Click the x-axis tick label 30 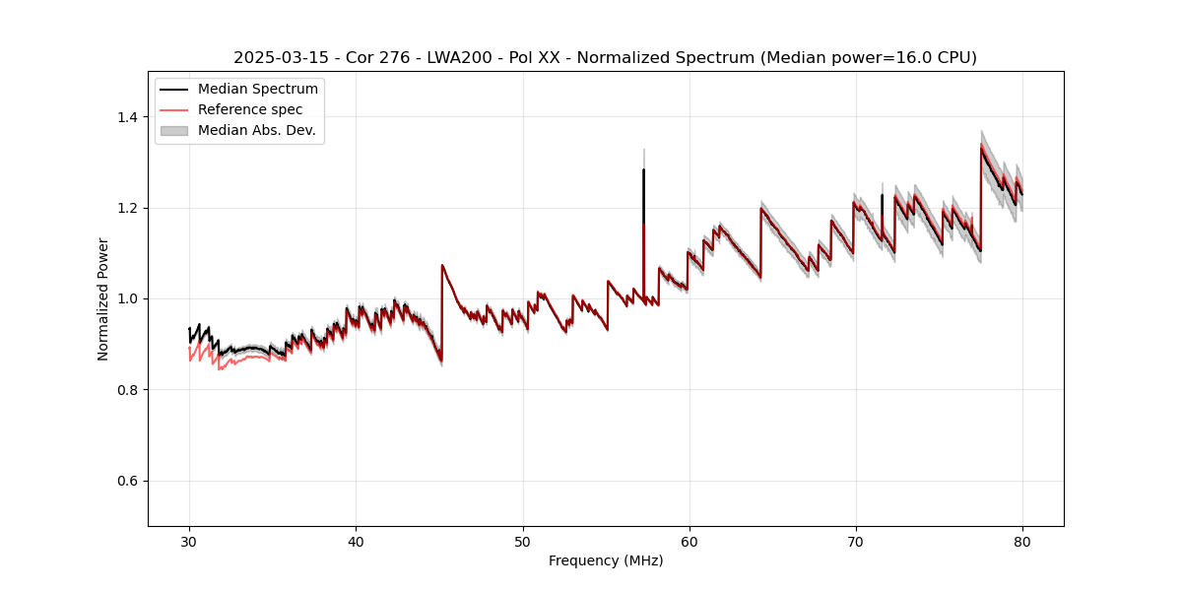tap(189, 541)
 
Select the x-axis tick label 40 tap(356, 541)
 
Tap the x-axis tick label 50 tap(523, 541)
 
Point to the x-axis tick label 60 tap(689, 541)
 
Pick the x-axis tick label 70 tap(856, 541)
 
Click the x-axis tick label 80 tap(1022, 541)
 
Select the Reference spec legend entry tap(250, 109)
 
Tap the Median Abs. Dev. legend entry tap(256, 130)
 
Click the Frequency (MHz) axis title tap(606, 560)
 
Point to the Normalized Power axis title tap(103, 298)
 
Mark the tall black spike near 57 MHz tap(643, 197)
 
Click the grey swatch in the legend tap(173, 130)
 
